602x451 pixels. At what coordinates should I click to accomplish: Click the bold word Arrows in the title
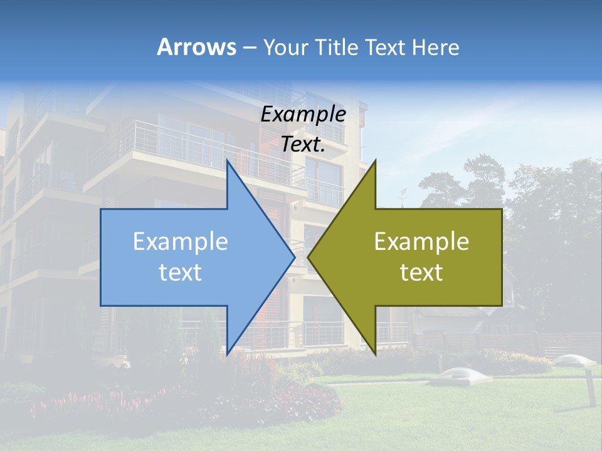tap(196, 47)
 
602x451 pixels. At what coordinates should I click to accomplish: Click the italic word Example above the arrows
tap(303, 114)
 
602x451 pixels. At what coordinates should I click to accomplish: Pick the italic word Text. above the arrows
tap(303, 144)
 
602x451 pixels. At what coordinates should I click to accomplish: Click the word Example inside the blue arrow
tap(181, 242)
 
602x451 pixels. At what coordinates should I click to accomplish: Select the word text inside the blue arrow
tap(181, 272)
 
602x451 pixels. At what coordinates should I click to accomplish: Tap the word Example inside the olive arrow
tap(421, 242)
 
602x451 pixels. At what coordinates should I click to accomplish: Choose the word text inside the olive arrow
tap(421, 272)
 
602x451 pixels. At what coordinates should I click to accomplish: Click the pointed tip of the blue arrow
tap(293, 257)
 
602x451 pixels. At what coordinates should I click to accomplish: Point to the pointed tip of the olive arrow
tap(309, 257)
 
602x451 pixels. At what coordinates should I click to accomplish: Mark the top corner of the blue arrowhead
tap(227, 162)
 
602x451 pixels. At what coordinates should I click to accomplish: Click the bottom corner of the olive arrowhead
tap(375, 353)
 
